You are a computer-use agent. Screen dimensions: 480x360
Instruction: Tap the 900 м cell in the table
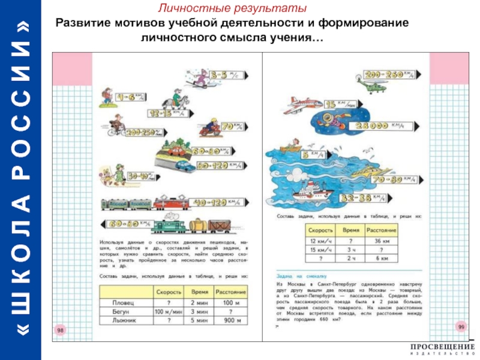click(230, 321)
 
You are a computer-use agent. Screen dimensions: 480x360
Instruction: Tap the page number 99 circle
click(461, 326)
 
